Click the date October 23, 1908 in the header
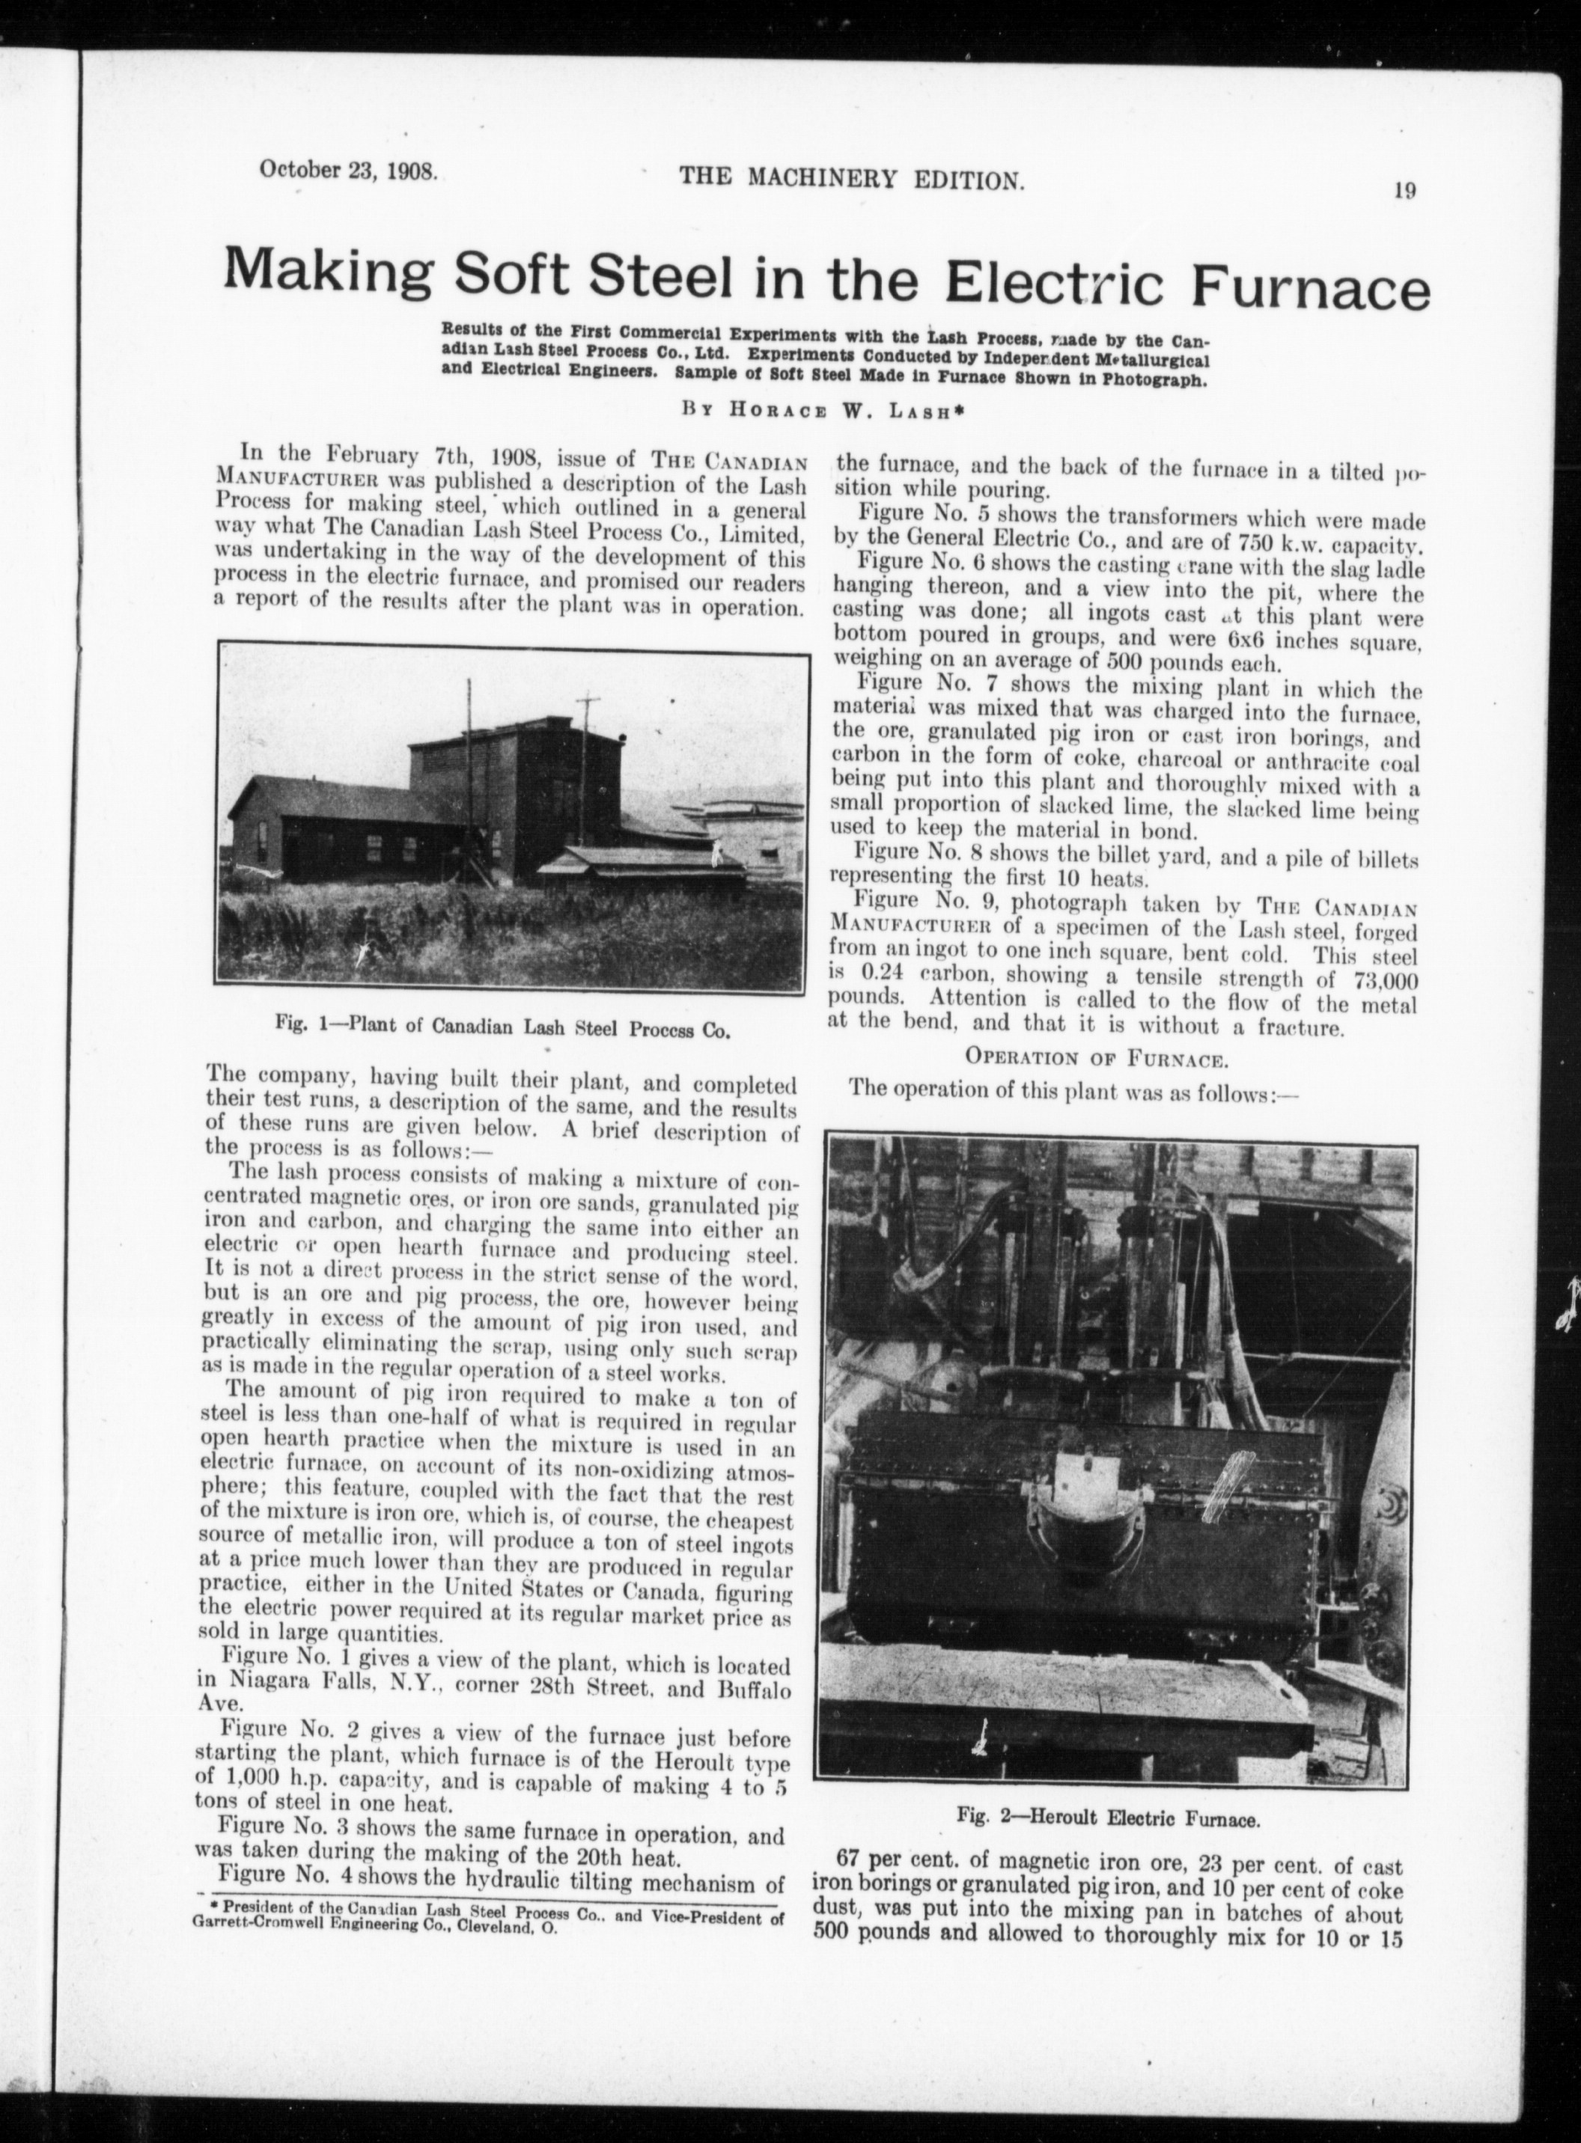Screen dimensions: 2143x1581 click(347, 171)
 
